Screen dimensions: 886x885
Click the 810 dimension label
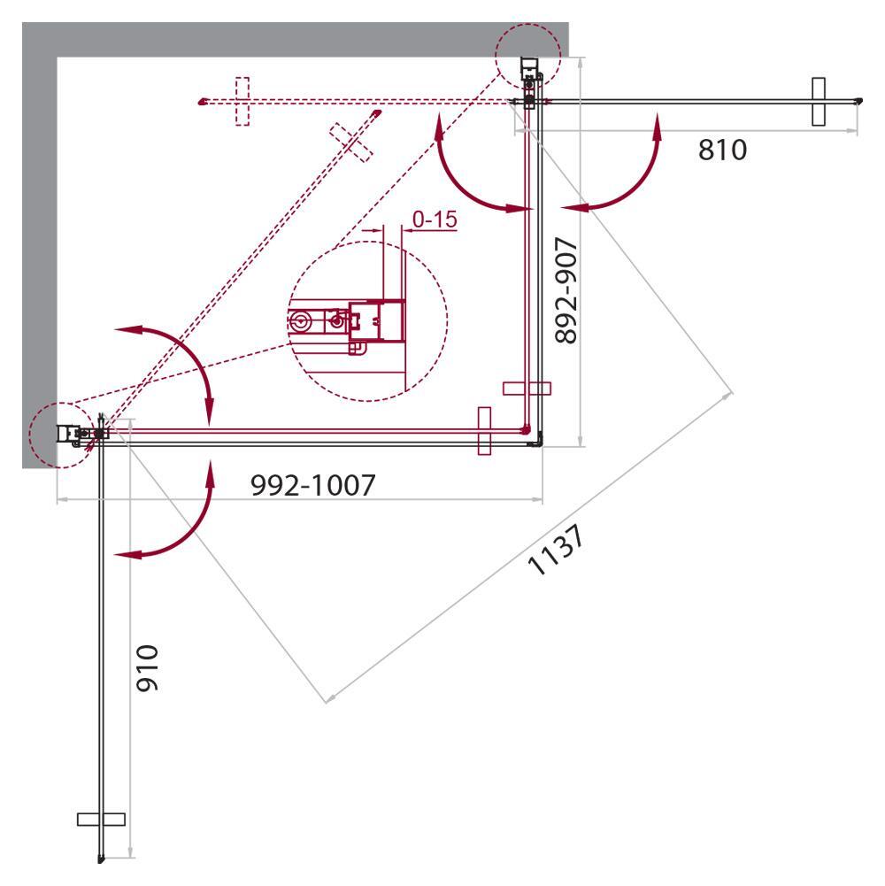click(722, 150)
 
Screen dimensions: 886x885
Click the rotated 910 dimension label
click(148, 667)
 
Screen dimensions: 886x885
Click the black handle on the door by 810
click(819, 101)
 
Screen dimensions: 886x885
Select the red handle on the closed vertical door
click(527, 389)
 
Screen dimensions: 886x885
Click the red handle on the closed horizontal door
click(484, 431)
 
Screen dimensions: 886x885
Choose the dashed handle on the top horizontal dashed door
click(242, 101)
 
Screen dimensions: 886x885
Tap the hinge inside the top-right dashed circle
click(529, 78)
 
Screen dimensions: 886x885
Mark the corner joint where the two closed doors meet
click(533, 435)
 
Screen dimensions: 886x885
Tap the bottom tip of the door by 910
click(100, 859)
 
